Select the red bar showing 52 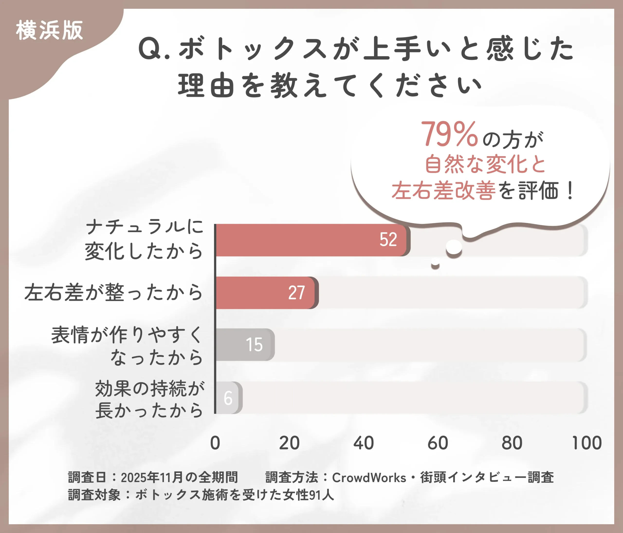pyautogui.click(x=311, y=240)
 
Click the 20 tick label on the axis pyautogui.click(x=289, y=443)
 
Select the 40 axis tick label pyautogui.click(x=364, y=443)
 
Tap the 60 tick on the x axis pyautogui.click(x=438, y=443)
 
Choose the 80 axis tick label pyautogui.click(x=512, y=443)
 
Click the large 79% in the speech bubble pyautogui.click(x=449, y=134)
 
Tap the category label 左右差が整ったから pyautogui.click(x=114, y=292)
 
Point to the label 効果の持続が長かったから pyautogui.click(x=149, y=399)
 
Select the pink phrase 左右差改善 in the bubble pyautogui.click(x=443, y=191)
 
